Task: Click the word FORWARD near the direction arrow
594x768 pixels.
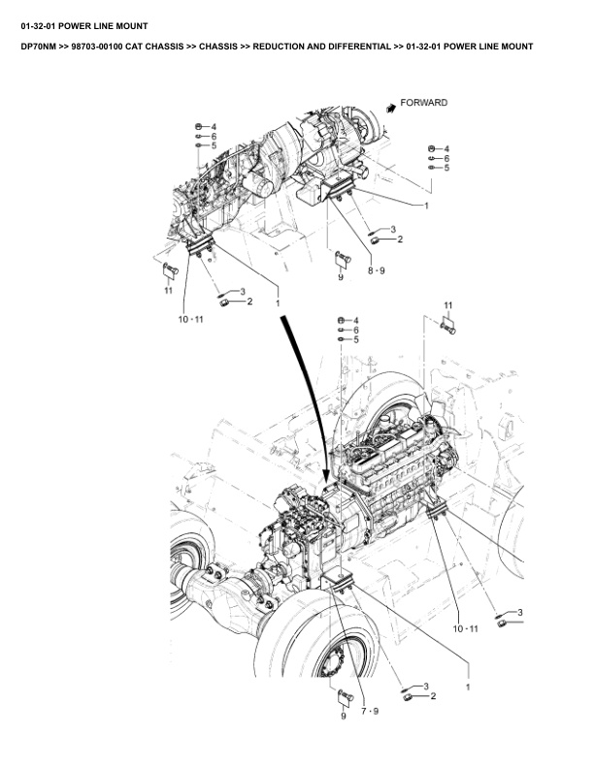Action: tap(424, 103)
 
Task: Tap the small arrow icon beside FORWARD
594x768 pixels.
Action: tap(390, 109)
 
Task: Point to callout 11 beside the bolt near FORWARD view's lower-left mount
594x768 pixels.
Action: tap(168, 289)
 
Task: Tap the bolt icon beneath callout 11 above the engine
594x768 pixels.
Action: tap(449, 328)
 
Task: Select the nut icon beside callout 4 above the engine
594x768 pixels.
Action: tap(340, 320)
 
